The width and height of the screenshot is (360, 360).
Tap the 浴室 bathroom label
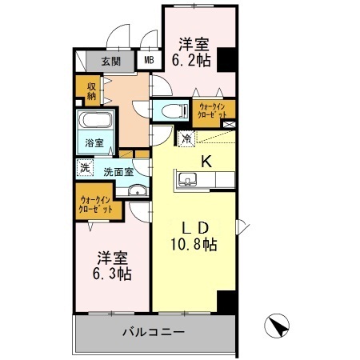[x=94, y=143]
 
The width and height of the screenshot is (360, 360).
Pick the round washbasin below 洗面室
[x=137, y=190]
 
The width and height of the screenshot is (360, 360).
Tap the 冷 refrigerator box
[x=186, y=138]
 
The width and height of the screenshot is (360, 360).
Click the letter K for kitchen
[x=206, y=161]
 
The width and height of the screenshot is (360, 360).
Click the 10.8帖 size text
[x=193, y=245]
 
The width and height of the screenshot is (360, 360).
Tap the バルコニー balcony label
[x=154, y=330]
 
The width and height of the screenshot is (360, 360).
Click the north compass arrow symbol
[x=277, y=328]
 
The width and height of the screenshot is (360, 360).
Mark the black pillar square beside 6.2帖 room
[x=227, y=59]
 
